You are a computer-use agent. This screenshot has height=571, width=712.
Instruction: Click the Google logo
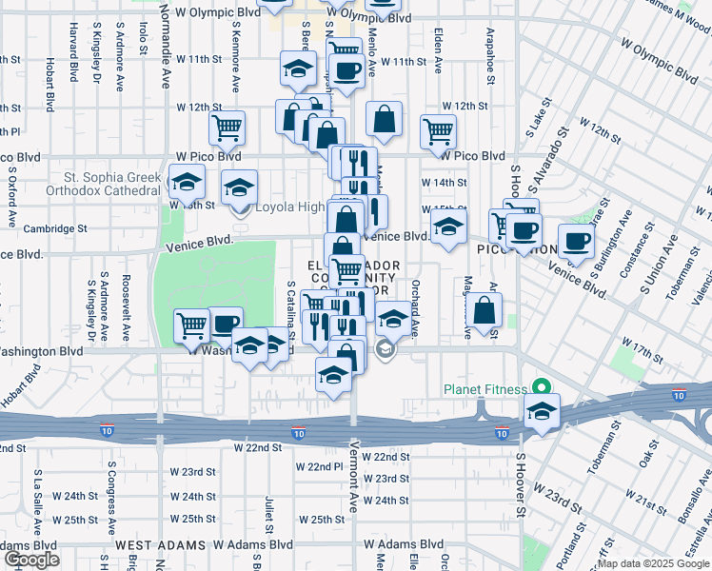coord(30,560)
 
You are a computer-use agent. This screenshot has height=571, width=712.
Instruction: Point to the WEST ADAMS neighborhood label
coord(160,545)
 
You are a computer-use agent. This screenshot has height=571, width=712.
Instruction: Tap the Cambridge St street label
coord(54,228)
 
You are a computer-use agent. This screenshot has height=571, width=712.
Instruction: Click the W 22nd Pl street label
coord(319,466)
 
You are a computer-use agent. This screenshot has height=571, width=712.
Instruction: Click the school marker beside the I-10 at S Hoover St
coord(541,410)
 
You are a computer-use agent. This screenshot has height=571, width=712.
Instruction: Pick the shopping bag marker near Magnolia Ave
coord(485,309)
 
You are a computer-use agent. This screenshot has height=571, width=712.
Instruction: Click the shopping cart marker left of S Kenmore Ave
coord(227,126)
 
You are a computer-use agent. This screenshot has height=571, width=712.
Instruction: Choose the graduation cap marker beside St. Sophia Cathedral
coord(187,179)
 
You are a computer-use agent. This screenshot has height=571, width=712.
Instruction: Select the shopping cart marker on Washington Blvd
coord(192,325)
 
